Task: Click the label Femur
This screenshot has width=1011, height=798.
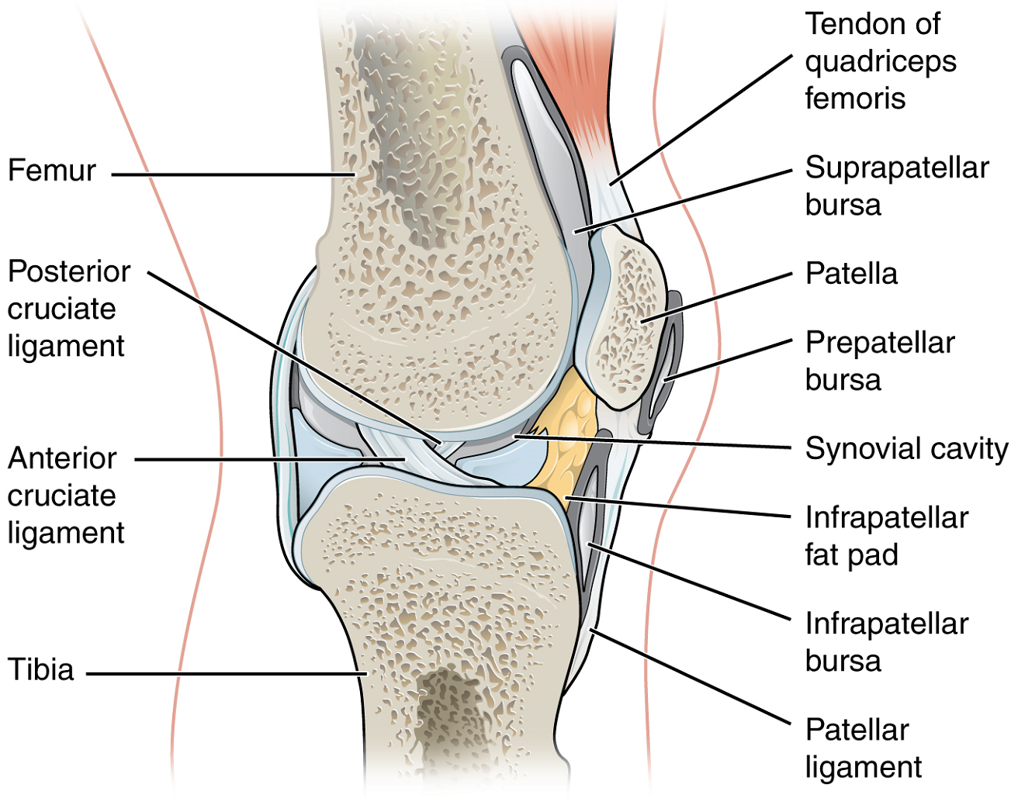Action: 52,170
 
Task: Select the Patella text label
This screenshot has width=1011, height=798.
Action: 851,273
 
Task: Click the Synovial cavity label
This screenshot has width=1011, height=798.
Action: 906,448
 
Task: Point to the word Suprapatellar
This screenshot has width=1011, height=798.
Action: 897,168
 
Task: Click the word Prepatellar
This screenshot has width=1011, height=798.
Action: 880,343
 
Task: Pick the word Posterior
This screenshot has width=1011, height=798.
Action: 69,271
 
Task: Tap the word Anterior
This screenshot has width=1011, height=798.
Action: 62,458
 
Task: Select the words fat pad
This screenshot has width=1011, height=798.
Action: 851,554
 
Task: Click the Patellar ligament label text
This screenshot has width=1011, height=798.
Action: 864,748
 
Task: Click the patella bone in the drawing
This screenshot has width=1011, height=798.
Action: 625,320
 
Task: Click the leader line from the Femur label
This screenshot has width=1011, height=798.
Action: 233,174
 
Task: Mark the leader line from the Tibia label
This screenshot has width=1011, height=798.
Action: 227,675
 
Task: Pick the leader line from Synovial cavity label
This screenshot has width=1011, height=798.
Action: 653,442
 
